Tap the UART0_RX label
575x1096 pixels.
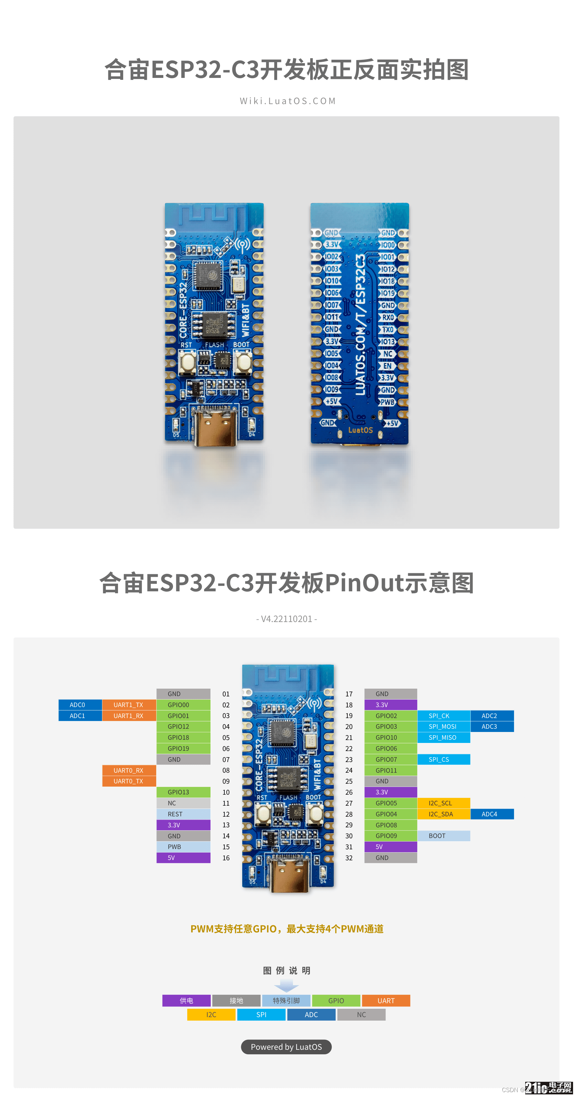[x=128, y=770]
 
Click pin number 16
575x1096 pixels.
[x=226, y=858]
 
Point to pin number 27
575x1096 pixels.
[x=349, y=803]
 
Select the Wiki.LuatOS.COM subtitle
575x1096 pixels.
[x=288, y=101]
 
